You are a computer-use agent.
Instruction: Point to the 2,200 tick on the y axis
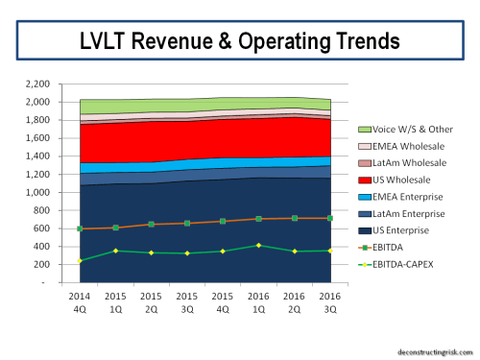pyautogui.click(x=36, y=84)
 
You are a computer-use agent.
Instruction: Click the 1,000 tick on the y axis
pyautogui.click(x=36, y=192)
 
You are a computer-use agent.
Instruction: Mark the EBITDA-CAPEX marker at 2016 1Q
pyautogui.click(x=258, y=246)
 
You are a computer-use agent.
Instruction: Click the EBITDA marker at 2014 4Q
pyautogui.click(x=80, y=228)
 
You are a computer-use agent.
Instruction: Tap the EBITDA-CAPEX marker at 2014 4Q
pyautogui.click(x=80, y=261)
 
